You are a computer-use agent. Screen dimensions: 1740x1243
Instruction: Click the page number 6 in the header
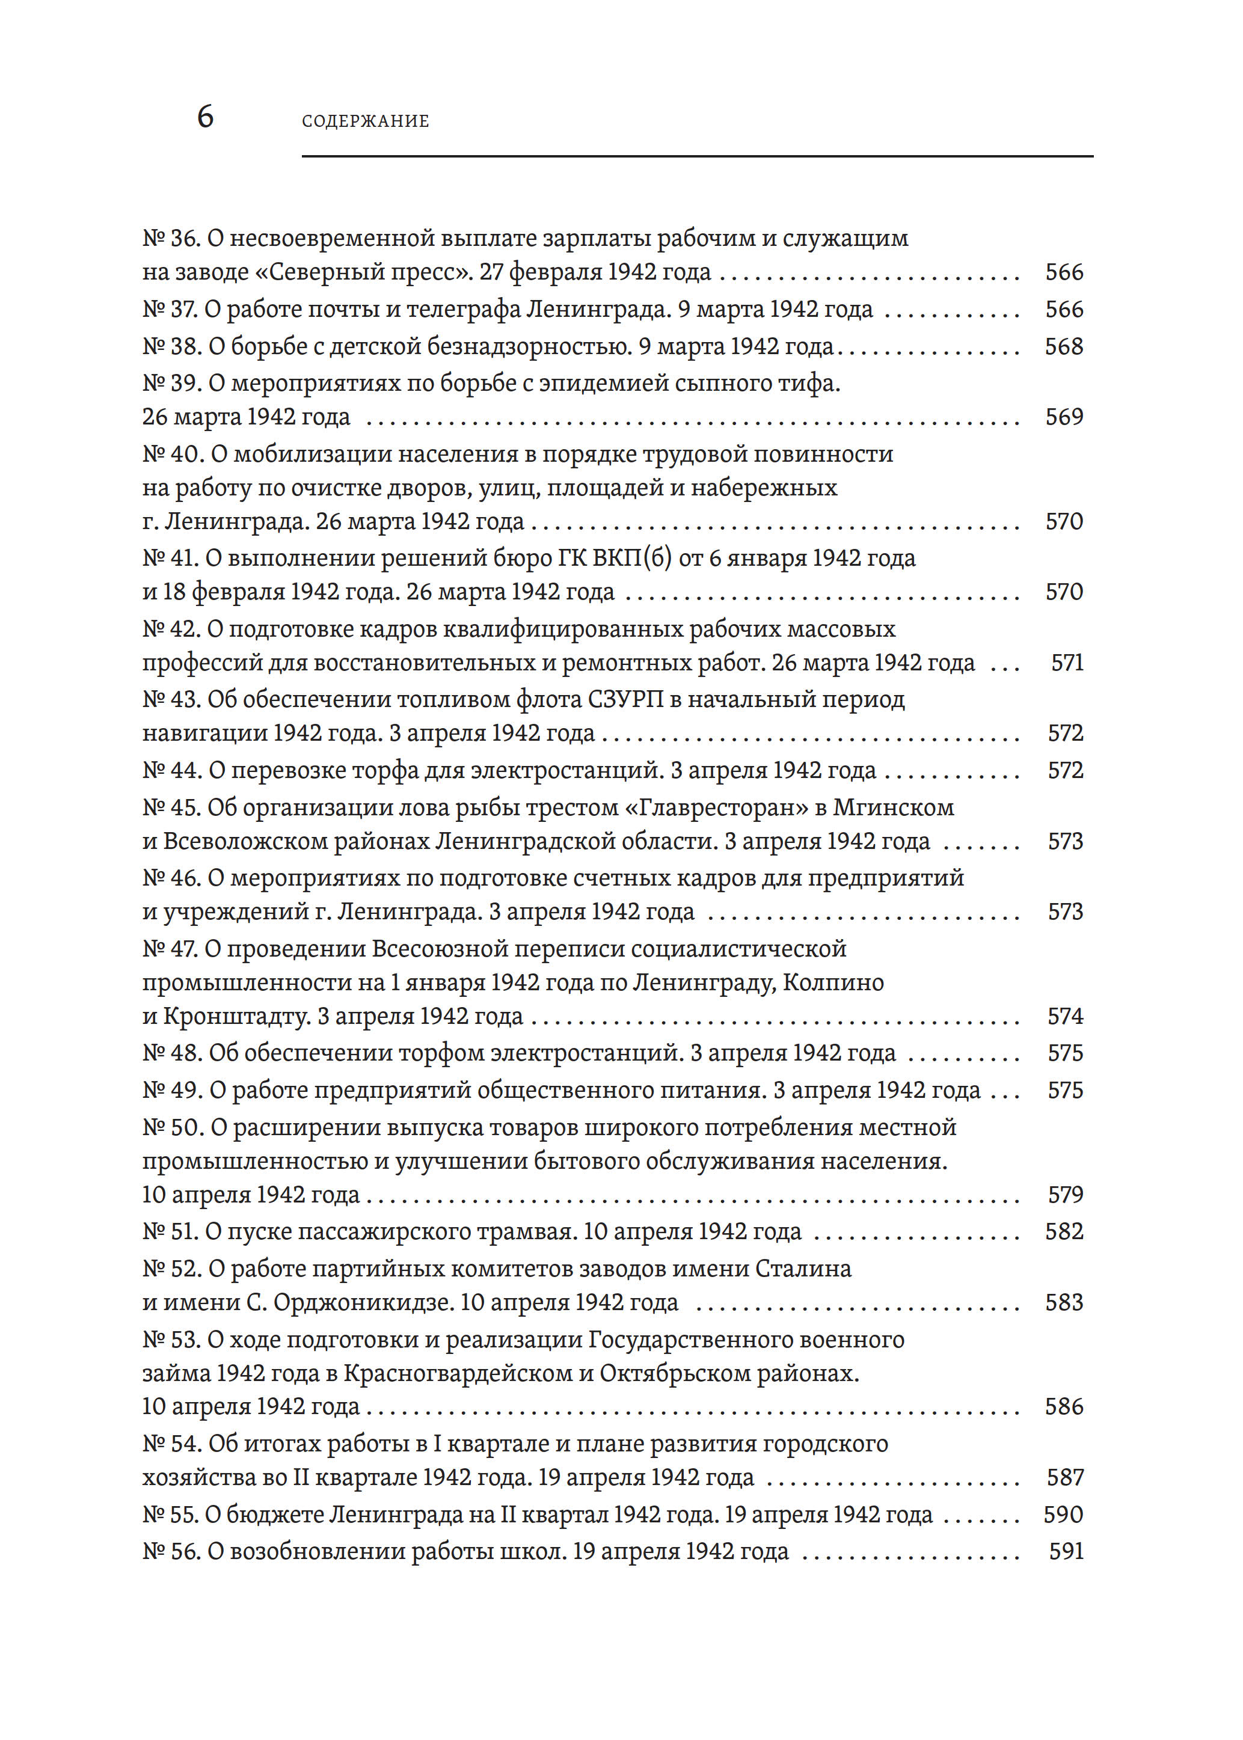205,117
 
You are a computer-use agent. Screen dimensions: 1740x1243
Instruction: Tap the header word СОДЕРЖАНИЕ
365,121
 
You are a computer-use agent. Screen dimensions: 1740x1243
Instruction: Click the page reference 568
1064,347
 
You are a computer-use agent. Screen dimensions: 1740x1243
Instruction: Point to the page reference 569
1064,417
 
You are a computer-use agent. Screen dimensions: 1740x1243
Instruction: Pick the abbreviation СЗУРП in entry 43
625,699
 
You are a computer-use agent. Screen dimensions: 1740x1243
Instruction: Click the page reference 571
1067,663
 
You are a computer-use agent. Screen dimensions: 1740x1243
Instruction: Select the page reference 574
1066,1016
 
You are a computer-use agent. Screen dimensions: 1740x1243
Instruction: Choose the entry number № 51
171,1232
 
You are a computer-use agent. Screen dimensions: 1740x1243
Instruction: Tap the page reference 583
1064,1303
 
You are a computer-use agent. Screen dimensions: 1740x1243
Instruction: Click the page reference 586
1064,1406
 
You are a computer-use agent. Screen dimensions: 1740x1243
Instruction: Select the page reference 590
1063,1515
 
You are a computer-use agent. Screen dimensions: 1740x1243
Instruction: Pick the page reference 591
1066,1551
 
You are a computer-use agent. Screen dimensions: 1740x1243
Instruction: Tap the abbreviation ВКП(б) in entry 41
631,559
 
